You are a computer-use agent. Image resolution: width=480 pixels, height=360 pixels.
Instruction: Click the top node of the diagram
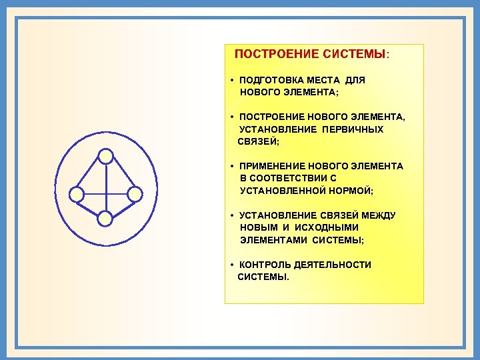105,156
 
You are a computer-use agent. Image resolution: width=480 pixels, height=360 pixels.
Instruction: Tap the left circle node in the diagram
77,195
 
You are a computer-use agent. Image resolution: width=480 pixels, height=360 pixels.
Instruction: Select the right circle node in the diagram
135,195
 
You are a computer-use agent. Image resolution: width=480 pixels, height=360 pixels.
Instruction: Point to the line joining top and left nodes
91,175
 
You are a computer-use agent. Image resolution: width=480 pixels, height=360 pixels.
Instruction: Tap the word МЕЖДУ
377,215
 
